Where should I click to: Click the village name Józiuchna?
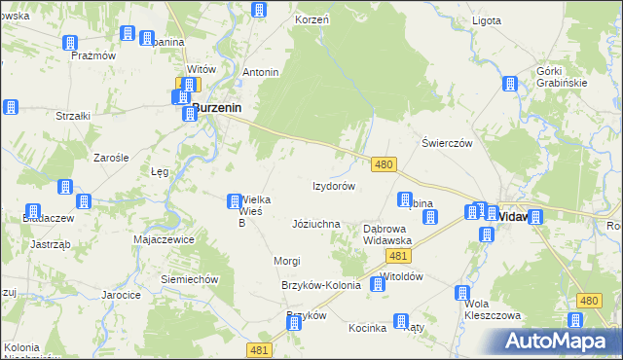[x=315, y=224]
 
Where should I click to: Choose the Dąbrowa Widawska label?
[x=387, y=234]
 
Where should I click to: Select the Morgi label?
[x=286, y=261]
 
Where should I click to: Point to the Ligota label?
[x=484, y=20]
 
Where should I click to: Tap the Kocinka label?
[x=368, y=328]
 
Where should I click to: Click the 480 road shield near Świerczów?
[x=384, y=165]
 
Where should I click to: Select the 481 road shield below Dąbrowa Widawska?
[x=396, y=255]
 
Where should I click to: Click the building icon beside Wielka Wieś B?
[x=234, y=201]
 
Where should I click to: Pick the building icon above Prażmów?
[x=70, y=43]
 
